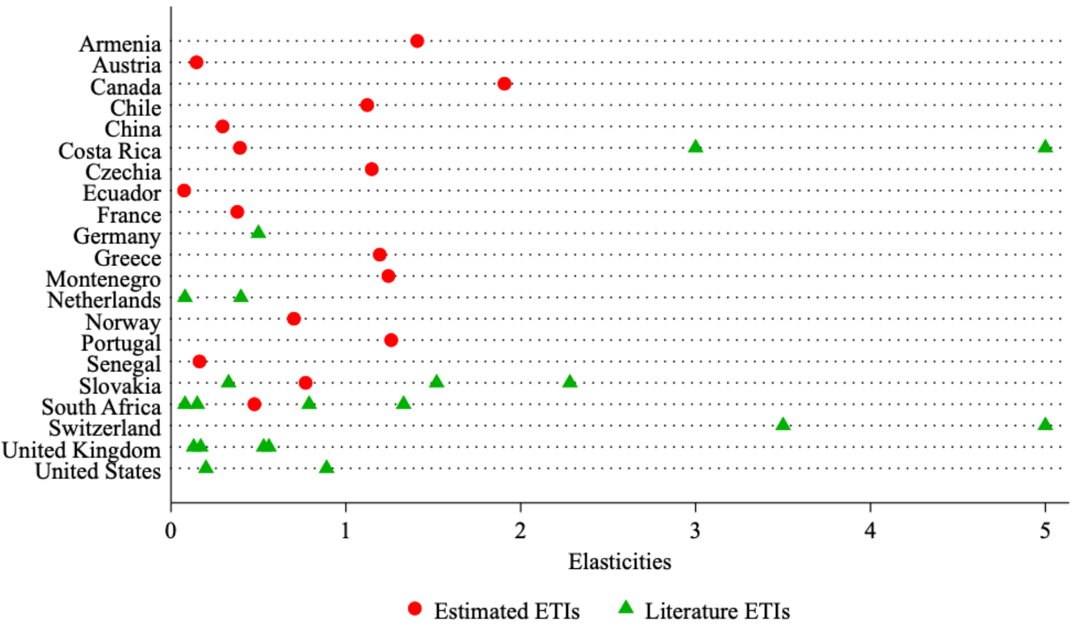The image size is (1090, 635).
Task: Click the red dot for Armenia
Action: tap(417, 41)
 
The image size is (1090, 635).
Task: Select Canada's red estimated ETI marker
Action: tap(504, 84)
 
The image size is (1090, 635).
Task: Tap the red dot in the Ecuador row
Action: tap(184, 190)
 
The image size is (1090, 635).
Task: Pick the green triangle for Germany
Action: tap(258, 232)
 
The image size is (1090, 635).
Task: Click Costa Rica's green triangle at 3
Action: tap(695, 146)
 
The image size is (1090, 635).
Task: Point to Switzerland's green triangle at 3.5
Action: tap(783, 424)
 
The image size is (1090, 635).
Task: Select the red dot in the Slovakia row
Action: tap(305, 383)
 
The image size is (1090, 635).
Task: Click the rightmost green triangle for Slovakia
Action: tap(570, 381)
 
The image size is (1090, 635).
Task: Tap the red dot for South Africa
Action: tap(254, 405)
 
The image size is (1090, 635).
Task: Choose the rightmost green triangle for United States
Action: tap(326, 467)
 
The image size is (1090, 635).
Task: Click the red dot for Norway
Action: tap(293, 319)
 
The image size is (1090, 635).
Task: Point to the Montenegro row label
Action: tap(104, 279)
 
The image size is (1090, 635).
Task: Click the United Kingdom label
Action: tap(82, 450)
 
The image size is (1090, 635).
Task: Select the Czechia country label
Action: tap(123, 172)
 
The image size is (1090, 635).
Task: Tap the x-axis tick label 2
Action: tap(520, 530)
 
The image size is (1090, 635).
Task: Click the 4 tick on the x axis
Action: tap(870, 530)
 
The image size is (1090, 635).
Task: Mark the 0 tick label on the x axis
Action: tap(171, 530)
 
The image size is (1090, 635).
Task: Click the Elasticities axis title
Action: tap(619, 562)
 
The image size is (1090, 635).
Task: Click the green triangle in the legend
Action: tap(626, 608)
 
